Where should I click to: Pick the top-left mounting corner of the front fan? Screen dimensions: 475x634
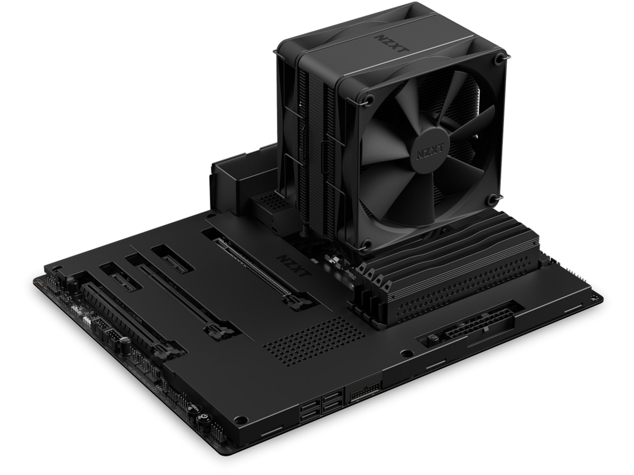coord(369,99)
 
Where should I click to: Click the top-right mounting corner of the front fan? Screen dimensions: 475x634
coord(499,60)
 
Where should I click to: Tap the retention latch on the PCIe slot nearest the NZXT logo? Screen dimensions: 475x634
coord(294,302)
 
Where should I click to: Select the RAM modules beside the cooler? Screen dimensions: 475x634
coord(449,274)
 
